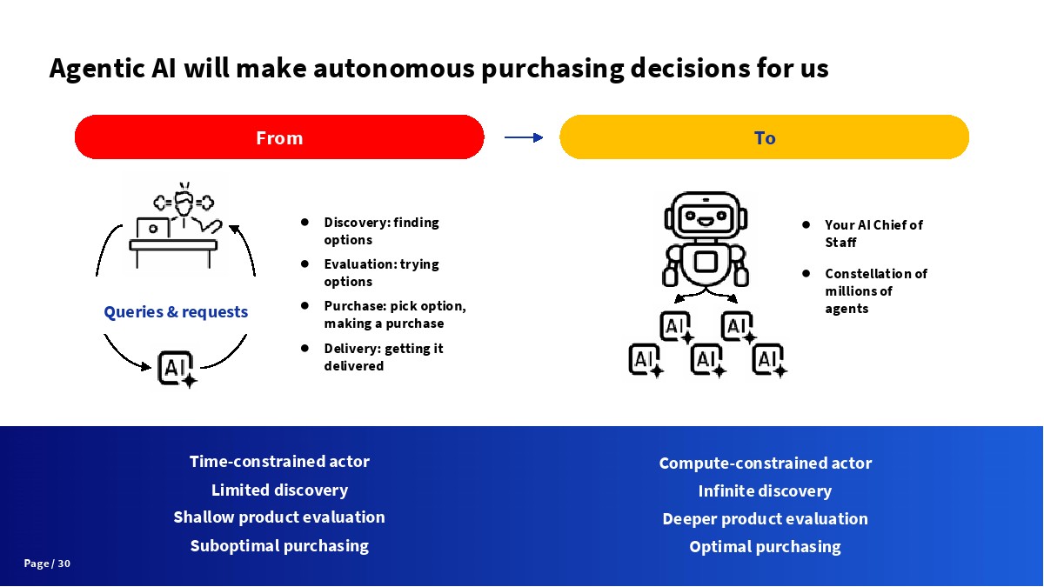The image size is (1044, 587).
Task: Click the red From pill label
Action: click(279, 137)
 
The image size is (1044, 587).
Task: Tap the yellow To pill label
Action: click(764, 137)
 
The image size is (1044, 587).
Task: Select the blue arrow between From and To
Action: click(523, 137)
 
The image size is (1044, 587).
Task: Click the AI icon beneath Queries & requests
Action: click(177, 368)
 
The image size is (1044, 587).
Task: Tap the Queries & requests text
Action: click(176, 311)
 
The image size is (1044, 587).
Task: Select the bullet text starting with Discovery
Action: click(381, 230)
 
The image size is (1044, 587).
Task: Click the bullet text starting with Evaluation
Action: click(381, 272)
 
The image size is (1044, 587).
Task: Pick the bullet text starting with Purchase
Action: click(394, 314)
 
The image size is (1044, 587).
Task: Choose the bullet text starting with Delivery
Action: click(383, 357)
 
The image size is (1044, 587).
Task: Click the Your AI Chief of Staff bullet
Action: click(873, 233)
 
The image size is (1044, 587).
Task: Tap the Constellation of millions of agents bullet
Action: click(875, 290)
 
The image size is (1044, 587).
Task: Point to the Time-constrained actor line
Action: click(279, 461)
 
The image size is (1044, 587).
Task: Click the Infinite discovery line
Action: click(765, 490)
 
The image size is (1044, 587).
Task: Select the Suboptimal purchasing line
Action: click(279, 545)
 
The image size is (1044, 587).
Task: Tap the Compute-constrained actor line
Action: click(765, 463)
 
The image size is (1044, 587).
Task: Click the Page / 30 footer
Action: click(47, 564)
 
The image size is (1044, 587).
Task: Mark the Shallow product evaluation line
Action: click(279, 517)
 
